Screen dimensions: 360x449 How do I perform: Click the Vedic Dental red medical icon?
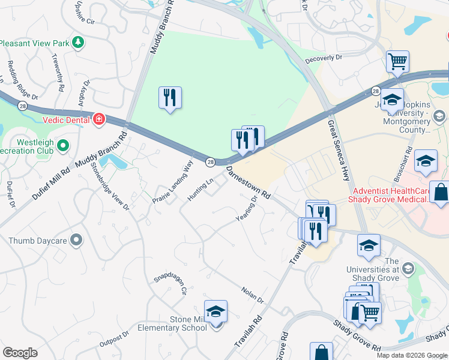[x=99, y=119]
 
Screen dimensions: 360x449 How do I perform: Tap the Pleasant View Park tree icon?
[x=77, y=43]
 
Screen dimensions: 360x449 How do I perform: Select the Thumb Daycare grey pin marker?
[x=76, y=241]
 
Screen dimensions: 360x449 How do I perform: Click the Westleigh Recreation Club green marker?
[x=63, y=145]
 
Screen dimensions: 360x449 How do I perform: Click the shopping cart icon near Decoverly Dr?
[x=397, y=62]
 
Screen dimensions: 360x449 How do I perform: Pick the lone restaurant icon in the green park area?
[x=170, y=98]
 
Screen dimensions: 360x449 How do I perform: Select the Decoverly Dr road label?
[x=323, y=58]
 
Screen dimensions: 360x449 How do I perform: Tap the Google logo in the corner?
[x=20, y=353]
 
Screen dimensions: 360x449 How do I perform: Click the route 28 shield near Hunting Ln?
[x=210, y=162]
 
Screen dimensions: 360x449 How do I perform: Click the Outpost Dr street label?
[x=114, y=339]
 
